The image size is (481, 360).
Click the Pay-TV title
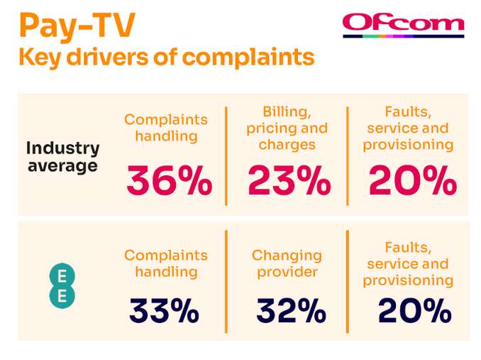pos(77,26)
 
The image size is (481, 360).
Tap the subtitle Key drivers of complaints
pos(166,57)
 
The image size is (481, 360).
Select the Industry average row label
pos(62,157)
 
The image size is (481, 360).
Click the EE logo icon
pos(62,286)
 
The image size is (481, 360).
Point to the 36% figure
pos(169,181)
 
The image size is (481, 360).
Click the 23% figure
pos(289,181)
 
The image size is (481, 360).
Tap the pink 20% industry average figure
pos(412,181)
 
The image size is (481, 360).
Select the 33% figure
pos(164,310)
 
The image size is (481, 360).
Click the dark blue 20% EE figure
pos(414,310)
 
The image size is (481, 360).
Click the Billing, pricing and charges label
pos(287,129)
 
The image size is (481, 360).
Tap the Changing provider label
pos(287,263)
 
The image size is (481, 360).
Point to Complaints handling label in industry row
pos(166,128)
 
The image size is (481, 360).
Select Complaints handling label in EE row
pos(166,263)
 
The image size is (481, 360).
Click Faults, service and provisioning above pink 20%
pos(408,129)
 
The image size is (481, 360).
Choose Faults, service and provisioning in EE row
pos(408,263)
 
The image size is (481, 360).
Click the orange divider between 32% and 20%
pos(348,281)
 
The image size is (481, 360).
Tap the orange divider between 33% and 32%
pos(226,281)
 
